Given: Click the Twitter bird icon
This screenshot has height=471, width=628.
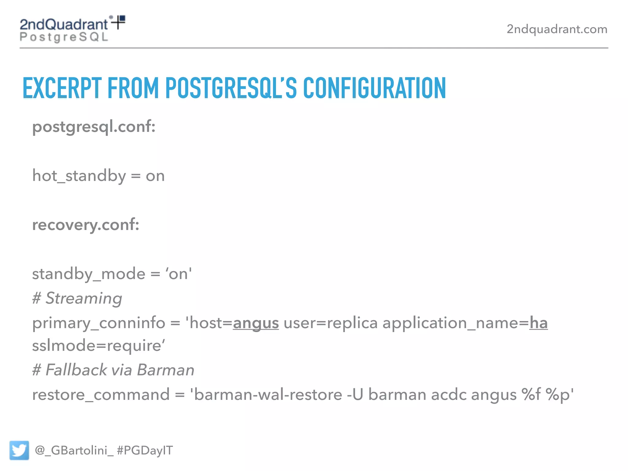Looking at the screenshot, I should (19, 450).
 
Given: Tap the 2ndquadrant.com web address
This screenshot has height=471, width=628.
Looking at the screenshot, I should (557, 29).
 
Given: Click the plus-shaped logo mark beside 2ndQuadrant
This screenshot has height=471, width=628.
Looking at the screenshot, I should (118, 22).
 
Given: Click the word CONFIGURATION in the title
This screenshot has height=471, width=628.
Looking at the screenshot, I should (374, 88).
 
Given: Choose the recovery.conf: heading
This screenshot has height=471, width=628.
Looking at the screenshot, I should (86, 225).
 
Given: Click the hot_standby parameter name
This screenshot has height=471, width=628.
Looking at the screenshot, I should (79, 176).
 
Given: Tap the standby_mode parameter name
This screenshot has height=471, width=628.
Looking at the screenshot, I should (89, 274).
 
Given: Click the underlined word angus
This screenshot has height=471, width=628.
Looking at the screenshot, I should (256, 323).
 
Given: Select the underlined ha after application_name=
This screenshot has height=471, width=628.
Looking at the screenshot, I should (538, 323).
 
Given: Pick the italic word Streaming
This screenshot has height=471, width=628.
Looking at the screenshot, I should (84, 298).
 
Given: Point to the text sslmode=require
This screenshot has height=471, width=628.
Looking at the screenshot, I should (98, 346).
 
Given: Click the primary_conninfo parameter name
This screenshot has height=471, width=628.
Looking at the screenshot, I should (99, 323).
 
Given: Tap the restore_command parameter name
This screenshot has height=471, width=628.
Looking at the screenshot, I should (101, 395).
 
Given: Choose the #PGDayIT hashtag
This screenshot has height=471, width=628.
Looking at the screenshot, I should (145, 450).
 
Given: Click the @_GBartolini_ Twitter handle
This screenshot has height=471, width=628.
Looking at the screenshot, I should (74, 450).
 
